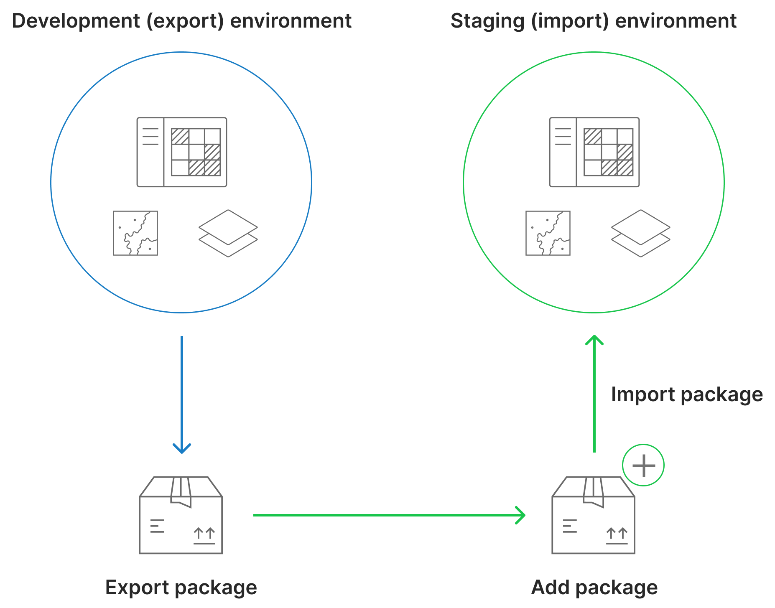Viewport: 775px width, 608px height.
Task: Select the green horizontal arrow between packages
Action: click(x=389, y=515)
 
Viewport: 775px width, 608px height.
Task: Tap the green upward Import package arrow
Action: click(x=594, y=393)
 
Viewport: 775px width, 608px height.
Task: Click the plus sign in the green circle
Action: click(x=643, y=465)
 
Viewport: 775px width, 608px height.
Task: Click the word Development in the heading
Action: click(x=75, y=21)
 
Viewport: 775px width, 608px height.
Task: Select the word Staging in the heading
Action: click(x=488, y=21)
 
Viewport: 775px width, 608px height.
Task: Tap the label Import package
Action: click(x=687, y=394)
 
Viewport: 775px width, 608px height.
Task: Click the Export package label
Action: click(x=181, y=587)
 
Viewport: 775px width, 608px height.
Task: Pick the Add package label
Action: click(x=594, y=587)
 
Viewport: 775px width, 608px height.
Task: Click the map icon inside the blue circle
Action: click(x=135, y=233)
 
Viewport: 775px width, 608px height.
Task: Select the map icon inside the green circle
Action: click(x=548, y=233)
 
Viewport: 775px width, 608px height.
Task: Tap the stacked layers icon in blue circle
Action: click(x=228, y=233)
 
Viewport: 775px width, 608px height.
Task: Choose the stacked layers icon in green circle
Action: click(x=641, y=233)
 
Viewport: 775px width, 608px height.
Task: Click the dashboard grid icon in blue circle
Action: click(x=182, y=152)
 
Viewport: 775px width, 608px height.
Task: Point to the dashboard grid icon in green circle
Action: click(x=594, y=152)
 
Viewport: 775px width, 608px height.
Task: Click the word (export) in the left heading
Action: click(x=185, y=21)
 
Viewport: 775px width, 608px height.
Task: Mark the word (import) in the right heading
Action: click(x=570, y=21)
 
